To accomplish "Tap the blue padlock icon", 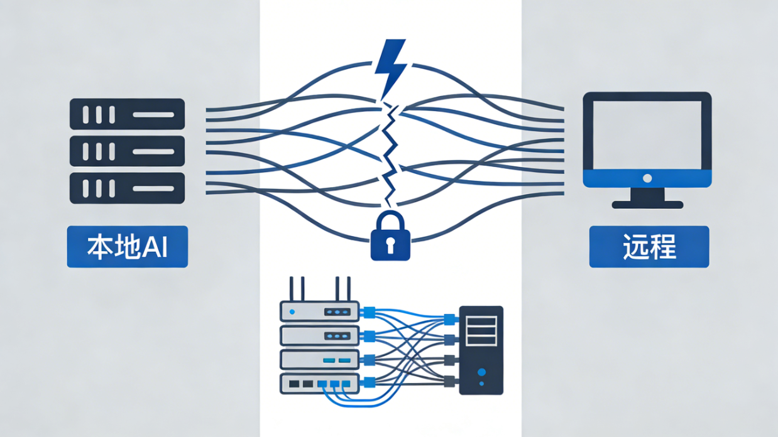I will coord(390,237).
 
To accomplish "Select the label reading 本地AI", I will coord(127,247).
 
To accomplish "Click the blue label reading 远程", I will coord(649,247).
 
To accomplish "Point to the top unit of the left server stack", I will coord(127,114).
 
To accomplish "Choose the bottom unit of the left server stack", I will coord(127,188).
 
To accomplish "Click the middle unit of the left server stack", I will coord(127,151).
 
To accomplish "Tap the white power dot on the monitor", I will coord(647,178).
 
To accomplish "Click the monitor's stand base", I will coord(647,204).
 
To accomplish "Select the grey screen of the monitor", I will coord(647,135).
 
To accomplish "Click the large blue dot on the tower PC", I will coord(481,371).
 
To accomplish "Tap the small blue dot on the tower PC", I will coord(481,383).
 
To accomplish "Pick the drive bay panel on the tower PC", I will coord(481,331).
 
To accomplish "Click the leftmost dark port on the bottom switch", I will coord(293,384).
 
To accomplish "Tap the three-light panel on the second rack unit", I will coord(336,336).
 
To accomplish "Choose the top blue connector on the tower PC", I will coord(449,319).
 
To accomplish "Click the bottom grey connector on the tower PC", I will coord(449,380).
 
